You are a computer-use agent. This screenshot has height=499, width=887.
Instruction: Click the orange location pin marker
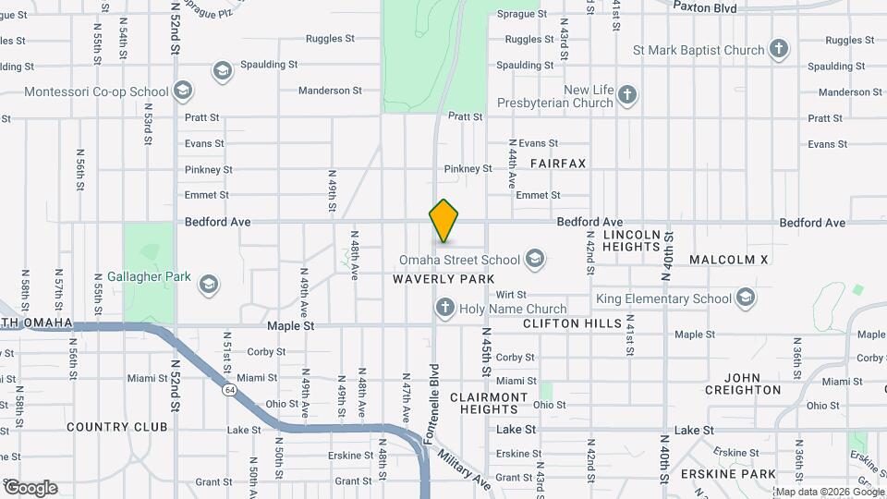(x=443, y=222)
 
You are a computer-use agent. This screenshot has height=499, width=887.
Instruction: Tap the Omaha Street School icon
(x=534, y=260)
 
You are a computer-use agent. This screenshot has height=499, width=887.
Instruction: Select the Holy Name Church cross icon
(x=444, y=309)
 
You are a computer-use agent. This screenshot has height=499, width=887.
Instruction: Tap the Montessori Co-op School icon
(x=183, y=91)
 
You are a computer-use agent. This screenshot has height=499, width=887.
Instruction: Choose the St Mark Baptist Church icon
(x=779, y=50)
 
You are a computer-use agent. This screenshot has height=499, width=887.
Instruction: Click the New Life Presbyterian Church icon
(x=627, y=95)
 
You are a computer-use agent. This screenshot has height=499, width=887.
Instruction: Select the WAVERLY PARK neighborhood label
(x=443, y=279)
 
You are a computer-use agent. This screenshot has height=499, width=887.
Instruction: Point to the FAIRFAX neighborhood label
(x=558, y=163)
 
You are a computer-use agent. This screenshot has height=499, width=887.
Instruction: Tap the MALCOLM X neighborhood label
(x=728, y=261)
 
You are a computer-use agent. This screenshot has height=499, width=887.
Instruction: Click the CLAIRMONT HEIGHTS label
(x=489, y=403)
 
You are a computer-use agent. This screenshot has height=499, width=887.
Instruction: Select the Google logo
(x=30, y=488)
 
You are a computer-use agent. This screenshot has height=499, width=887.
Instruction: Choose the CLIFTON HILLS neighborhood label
(x=572, y=323)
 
